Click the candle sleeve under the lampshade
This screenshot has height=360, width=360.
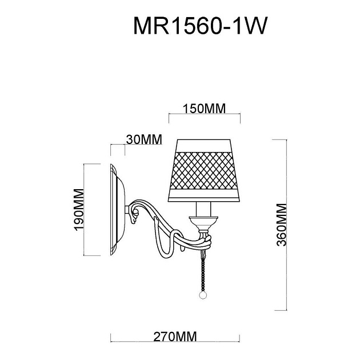[x=205, y=210]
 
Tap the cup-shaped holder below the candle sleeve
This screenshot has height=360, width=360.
[x=203, y=222]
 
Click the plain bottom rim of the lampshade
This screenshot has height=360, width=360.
[x=205, y=198]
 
